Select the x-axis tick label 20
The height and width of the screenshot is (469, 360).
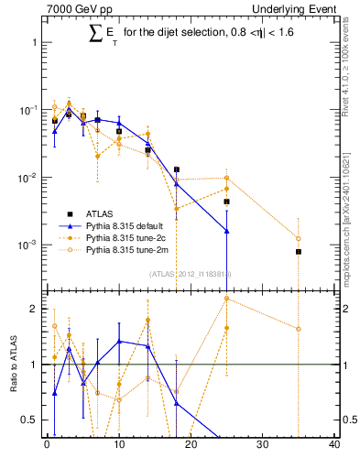[x=191, y=446]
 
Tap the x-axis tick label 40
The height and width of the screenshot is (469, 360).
[x=334, y=446]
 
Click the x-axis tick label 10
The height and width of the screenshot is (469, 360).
[x=118, y=446]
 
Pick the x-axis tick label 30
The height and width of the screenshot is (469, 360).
[x=262, y=446]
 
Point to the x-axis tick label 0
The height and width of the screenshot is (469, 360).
[x=47, y=446]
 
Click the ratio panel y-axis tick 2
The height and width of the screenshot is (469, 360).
[x=35, y=309]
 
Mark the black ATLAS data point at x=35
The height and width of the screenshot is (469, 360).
[x=299, y=251]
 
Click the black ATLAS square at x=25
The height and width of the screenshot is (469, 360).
[x=226, y=202]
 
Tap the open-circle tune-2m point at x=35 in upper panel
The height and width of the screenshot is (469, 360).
[x=299, y=239]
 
